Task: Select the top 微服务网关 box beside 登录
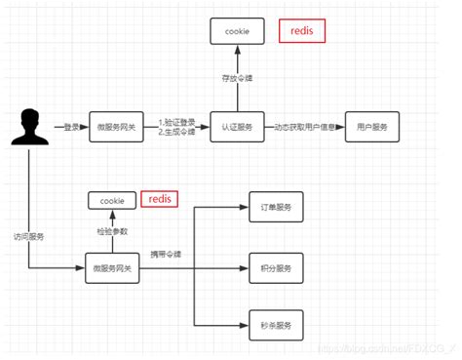(115, 128)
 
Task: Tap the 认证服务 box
(237, 128)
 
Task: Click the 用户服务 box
(371, 128)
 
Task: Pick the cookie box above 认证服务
(237, 31)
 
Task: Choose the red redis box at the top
(302, 31)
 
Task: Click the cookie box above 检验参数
(113, 200)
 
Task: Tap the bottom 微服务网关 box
(112, 267)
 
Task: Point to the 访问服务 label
(27, 235)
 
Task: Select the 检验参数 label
(112, 230)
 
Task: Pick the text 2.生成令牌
(175, 133)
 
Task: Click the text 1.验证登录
(175, 121)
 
